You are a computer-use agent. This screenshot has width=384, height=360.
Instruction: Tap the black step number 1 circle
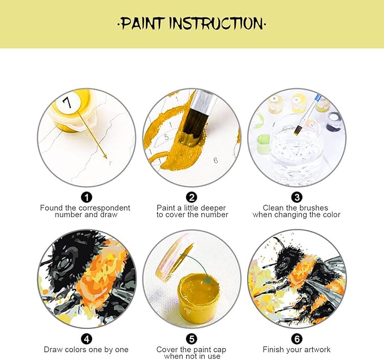point(86,197)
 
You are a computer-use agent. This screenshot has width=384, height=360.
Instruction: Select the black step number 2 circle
point(192,197)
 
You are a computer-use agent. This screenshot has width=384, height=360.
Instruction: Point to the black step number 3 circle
point(297,197)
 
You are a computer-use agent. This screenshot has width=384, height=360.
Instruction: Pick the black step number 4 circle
point(86,339)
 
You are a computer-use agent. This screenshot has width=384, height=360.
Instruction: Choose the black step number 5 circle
point(192,339)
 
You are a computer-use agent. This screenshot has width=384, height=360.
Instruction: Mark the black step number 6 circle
point(297,339)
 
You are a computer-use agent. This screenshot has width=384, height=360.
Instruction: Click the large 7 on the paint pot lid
point(67,102)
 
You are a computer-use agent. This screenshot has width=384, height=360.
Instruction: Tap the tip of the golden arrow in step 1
point(107,158)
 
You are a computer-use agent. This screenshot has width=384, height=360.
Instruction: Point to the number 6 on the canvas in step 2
point(215,160)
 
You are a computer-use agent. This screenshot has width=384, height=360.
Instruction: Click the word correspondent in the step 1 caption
point(104,208)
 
